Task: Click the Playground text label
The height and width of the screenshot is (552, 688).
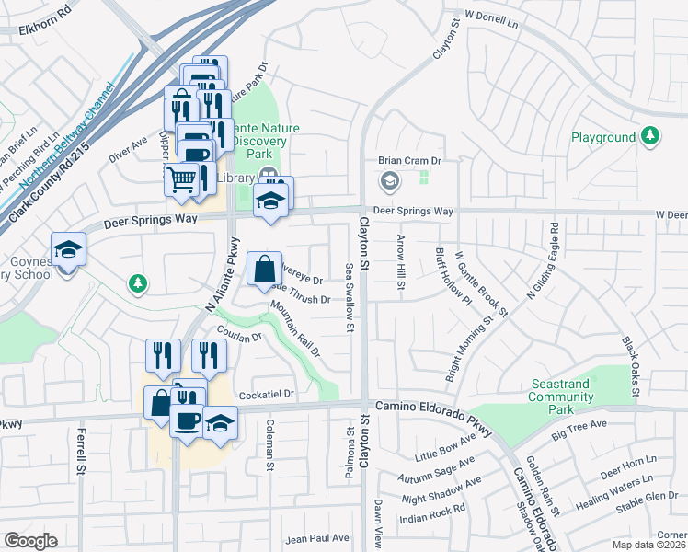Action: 602,137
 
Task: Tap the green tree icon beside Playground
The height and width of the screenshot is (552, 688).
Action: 651,136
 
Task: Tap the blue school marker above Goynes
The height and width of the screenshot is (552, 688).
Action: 68,251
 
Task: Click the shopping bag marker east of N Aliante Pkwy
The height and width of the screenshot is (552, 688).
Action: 264,270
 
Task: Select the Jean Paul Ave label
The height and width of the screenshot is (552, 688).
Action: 318,538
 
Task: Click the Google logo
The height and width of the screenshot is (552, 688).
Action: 31,540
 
